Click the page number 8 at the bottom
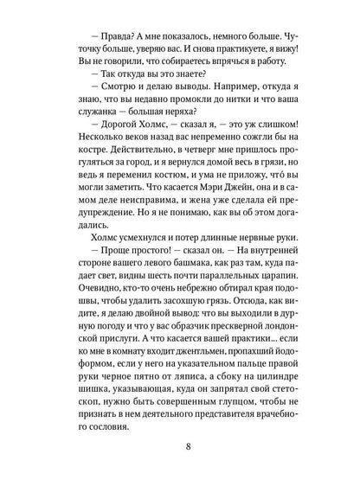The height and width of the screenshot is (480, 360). (180, 447)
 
